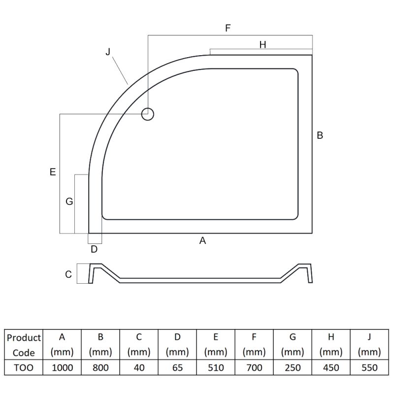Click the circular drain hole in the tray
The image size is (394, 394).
click(147, 114)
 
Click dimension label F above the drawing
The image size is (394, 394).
click(228, 28)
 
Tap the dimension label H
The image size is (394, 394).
click(263, 44)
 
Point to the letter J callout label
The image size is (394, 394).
click(108, 52)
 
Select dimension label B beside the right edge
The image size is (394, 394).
click(320, 135)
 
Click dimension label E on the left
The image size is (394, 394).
click(53, 172)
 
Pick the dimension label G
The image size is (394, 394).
click(69, 201)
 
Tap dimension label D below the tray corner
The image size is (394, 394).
click(94, 249)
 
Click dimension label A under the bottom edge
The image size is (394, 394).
click(202, 240)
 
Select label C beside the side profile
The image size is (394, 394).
click(68, 274)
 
